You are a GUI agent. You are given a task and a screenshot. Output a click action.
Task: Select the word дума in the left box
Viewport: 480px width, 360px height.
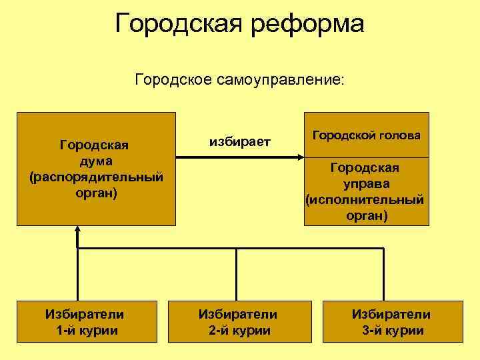(95, 161)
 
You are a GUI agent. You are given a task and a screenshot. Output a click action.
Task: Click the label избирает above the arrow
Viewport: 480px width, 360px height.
(240, 141)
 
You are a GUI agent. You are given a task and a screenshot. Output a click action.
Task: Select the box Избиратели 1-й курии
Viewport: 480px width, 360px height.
(84, 322)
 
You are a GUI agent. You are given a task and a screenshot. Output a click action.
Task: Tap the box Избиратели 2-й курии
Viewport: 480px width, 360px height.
(238, 322)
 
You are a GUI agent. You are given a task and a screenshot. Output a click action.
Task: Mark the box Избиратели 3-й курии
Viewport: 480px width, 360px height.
(391, 322)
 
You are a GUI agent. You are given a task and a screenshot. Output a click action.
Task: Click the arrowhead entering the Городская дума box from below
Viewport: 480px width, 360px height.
(78, 231)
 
